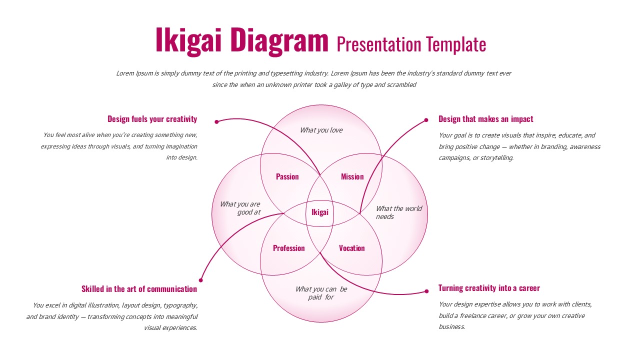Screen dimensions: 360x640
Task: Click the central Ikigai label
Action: tap(320, 212)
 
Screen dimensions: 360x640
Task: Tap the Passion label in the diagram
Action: tap(287, 176)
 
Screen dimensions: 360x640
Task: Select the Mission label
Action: tap(352, 176)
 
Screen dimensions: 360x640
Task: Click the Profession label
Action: tap(289, 248)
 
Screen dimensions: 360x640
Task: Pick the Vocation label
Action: tap(352, 248)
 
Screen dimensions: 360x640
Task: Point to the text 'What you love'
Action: tap(321, 130)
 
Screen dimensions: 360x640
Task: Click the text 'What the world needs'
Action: tap(398, 212)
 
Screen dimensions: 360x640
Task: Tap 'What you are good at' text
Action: tap(240, 208)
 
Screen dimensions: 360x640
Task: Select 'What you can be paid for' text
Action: tap(321, 293)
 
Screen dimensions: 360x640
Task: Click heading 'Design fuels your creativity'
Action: tap(152, 119)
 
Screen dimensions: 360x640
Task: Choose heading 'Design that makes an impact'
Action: tap(486, 119)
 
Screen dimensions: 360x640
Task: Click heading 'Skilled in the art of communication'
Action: tap(139, 289)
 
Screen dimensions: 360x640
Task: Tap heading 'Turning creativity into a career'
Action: tap(489, 288)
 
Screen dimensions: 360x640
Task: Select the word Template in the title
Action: tap(456, 44)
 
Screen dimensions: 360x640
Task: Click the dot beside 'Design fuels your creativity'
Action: tap(216, 121)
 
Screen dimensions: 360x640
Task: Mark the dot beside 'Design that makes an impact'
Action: tap(426, 120)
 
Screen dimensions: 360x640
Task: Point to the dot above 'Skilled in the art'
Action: tap(201, 280)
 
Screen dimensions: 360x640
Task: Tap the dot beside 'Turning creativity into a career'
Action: tap(426, 291)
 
